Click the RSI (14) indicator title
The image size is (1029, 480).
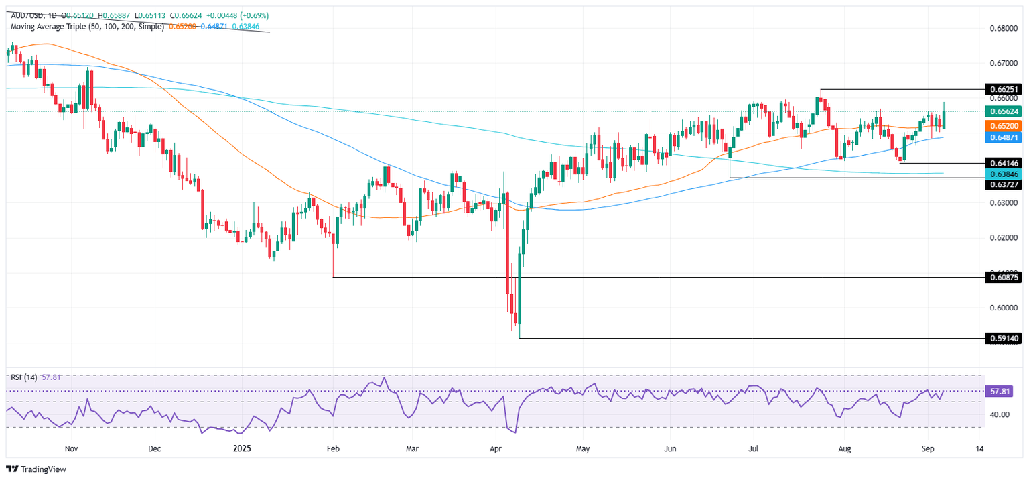click(x=23, y=377)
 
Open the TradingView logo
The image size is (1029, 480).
click(x=36, y=469)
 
